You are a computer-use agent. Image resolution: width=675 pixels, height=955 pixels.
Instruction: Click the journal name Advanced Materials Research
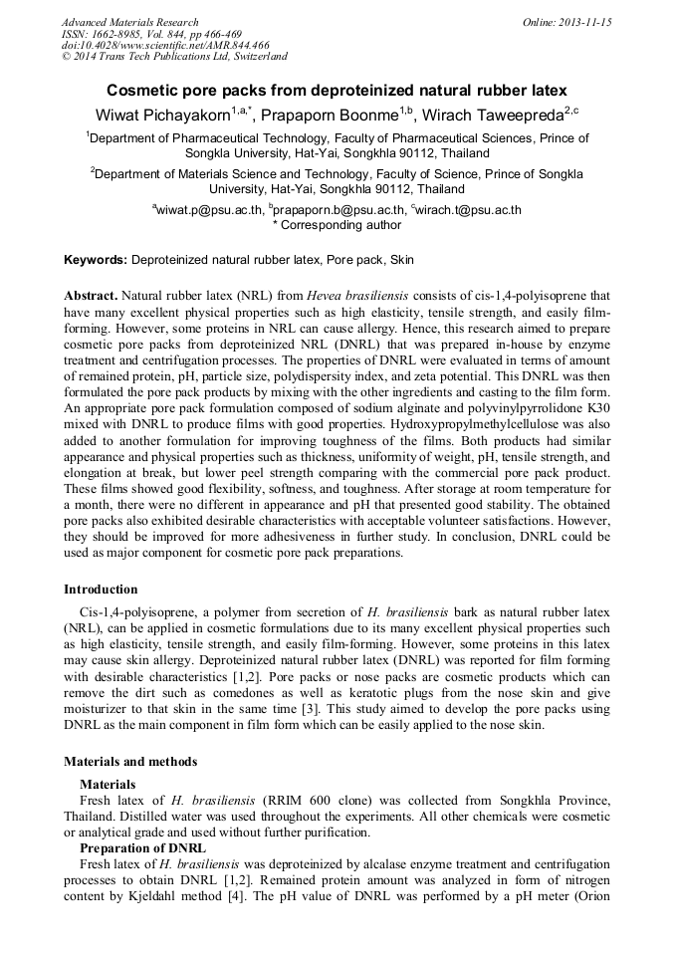tap(129, 22)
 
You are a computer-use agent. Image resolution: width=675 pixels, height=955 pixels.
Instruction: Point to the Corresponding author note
tap(337, 225)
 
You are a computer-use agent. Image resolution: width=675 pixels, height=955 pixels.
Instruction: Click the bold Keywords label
tap(96, 260)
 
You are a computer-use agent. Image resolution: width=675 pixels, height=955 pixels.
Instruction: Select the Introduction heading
tap(101, 590)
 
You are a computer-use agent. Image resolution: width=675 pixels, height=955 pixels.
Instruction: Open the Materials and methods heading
tap(130, 762)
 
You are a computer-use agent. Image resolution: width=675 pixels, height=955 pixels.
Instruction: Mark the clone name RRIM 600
tap(297, 802)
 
